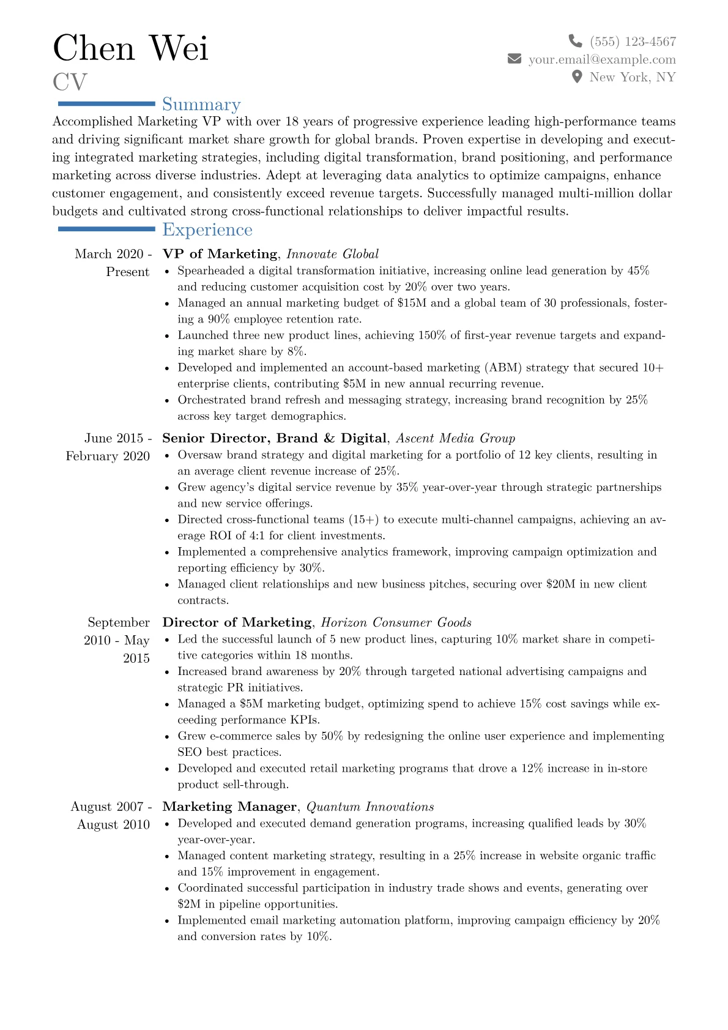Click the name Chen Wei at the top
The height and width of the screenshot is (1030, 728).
tap(130, 48)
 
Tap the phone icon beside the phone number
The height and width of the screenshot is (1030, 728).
tap(575, 41)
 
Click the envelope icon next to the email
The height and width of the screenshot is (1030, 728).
tap(514, 59)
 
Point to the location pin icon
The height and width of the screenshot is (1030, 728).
tap(576, 77)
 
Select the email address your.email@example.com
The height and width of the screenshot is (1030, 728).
tap(602, 59)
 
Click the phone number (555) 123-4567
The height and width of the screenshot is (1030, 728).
tap(633, 42)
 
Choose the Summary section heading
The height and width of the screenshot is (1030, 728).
tap(201, 105)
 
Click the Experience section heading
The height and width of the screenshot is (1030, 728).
tap(207, 230)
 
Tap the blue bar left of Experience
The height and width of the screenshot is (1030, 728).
tap(106, 229)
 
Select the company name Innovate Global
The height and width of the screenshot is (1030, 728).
tap(332, 254)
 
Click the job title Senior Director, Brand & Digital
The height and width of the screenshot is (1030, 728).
tap(274, 438)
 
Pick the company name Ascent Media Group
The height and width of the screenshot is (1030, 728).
tap(455, 438)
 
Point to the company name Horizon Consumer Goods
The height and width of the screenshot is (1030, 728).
tap(396, 622)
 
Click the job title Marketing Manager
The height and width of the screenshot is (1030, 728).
tap(229, 807)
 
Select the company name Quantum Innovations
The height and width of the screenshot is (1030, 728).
tap(370, 807)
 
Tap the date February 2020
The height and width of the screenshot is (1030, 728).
tap(108, 456)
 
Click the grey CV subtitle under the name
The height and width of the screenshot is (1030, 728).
tap(70, 82)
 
